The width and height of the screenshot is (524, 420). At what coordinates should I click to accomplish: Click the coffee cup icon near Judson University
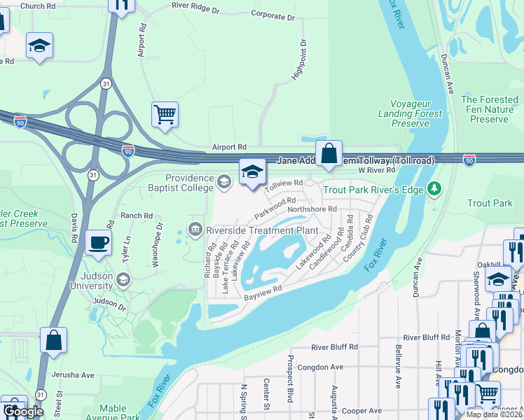[98, 242]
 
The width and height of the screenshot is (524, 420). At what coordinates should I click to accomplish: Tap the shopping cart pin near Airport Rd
[165, 114]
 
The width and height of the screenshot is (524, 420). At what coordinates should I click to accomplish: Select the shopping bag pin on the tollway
[329, 153]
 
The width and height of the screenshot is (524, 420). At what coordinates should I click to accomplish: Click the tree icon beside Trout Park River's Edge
[434, 188]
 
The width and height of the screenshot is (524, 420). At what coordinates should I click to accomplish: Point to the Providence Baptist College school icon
[224, 183]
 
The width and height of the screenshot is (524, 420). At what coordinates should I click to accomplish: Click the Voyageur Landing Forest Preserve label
[411, 113]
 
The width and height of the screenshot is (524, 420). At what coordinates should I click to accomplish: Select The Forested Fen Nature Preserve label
[489, 110]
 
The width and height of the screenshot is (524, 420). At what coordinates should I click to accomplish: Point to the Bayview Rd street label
[262, 293]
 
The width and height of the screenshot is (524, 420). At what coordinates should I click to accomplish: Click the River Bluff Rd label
[335, 346]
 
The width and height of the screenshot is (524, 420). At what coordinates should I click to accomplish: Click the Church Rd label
[38, 6]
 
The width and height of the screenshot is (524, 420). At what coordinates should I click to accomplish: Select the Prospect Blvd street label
[289, 378]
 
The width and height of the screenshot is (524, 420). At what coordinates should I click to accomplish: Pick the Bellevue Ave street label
[398, 370]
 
